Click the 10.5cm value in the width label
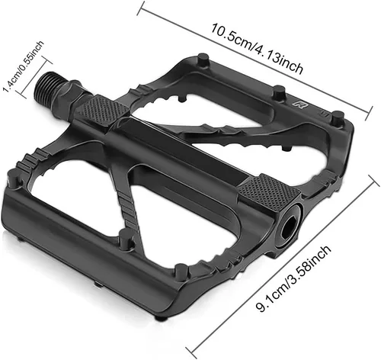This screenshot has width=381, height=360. click(x=231, y=37)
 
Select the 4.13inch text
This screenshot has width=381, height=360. click(x=279, y=59)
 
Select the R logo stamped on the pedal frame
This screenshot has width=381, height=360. click(x=299, y=104)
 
